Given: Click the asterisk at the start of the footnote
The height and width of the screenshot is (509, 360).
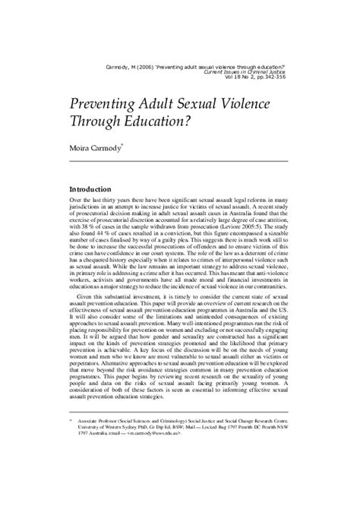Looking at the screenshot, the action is pyautogui.click(x=71, y=460).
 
